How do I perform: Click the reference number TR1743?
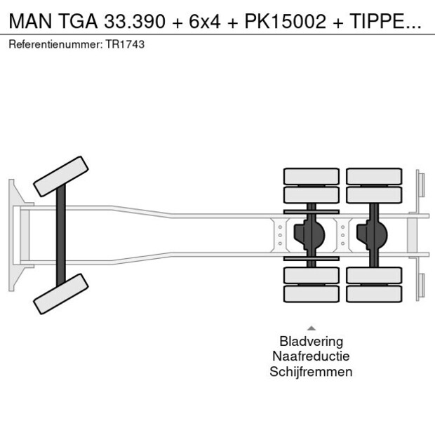coord(126,44)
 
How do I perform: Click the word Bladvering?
coord(311,342)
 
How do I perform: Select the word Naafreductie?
coord(311,356)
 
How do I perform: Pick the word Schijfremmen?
coord(311,372)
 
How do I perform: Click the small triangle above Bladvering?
coord(311,328)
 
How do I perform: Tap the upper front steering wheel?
coord(62,176)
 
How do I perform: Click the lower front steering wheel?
coord(62,293)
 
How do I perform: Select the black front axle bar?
coord(62,235)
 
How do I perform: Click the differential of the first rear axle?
coord(311,235)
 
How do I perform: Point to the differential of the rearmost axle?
coord(373,235)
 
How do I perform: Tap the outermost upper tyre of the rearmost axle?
coord(373,176)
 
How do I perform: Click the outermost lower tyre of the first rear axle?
coord(311,294)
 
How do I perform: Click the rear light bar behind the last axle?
coord(419,235)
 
